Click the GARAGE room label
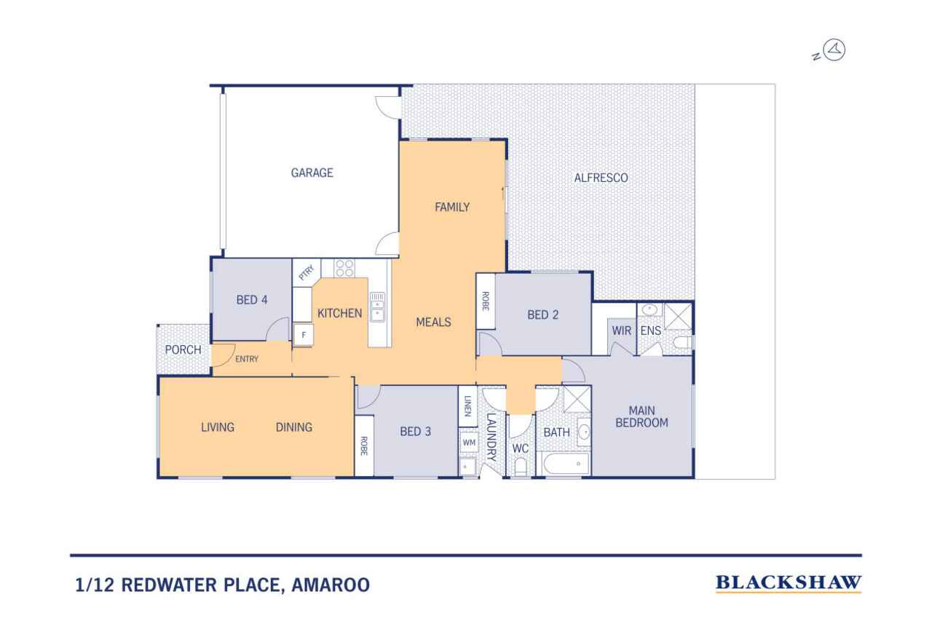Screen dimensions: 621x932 point(312,173)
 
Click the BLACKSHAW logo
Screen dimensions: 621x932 point(789,583)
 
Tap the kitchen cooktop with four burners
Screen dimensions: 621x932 point(344,268)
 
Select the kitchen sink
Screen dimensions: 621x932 point(377,307)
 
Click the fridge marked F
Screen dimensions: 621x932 point(302,336)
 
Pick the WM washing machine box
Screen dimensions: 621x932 point(468,442)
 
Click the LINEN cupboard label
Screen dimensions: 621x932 point(467,409)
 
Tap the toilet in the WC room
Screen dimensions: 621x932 point(520,467)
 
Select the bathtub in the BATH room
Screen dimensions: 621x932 point(564,463)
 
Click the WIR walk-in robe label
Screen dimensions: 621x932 point(621,331)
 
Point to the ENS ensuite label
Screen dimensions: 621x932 point(649,331)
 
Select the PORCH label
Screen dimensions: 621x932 point(183,350)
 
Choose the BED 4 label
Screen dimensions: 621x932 point(251,299)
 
